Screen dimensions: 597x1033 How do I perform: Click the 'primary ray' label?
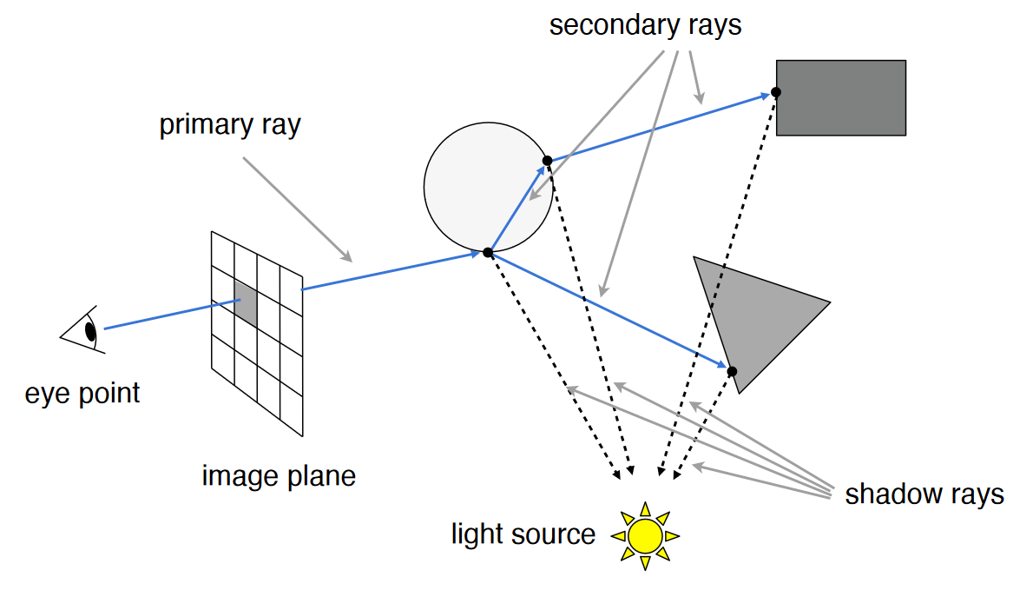[230, 125]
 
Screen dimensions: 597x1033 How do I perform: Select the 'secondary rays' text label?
[645, 25]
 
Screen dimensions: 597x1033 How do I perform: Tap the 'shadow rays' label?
[924, 494]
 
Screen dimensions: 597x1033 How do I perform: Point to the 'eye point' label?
[82, 393]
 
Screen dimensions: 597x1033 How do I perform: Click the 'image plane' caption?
[279, 476]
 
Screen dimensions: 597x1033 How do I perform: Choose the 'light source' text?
[523, 534]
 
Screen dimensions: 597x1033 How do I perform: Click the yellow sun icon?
[645, 535]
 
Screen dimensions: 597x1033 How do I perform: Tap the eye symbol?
[86, 330]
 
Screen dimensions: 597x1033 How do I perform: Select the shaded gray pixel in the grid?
[246, 303]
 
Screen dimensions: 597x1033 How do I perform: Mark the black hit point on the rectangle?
[776, 92]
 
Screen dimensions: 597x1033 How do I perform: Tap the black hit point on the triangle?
[732, 371]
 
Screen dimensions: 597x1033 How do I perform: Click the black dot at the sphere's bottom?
[488, 252]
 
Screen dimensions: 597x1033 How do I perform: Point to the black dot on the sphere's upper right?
[547, 160]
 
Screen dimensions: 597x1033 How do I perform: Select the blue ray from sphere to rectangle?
[660, 126]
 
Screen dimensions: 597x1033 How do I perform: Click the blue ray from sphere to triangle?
[608, 310]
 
